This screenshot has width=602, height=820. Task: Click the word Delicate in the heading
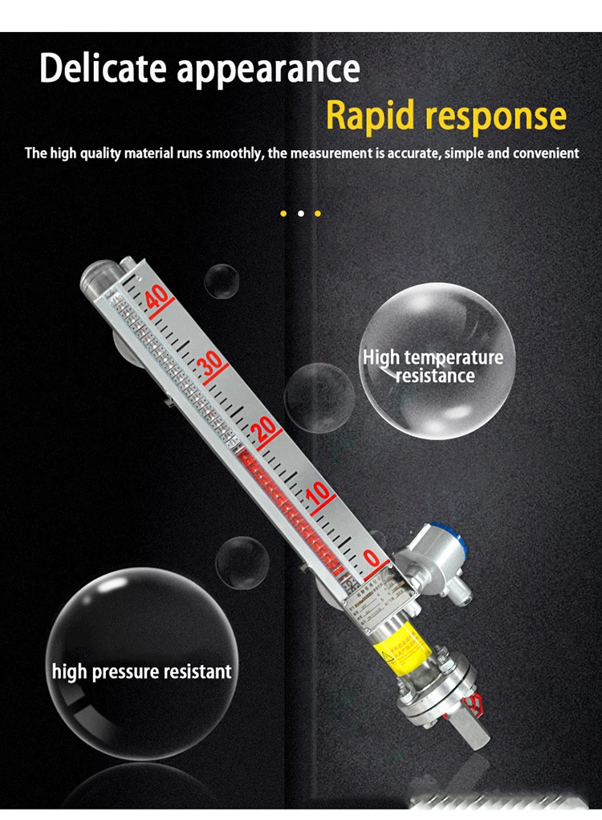[x=104, y=68]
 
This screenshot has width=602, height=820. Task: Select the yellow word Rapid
[x=368, y=116]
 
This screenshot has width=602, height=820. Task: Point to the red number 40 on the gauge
[x=157, y=298]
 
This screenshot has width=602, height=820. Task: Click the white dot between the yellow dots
[x=300, y=214]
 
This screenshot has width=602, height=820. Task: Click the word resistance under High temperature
[x=435, y=376]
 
